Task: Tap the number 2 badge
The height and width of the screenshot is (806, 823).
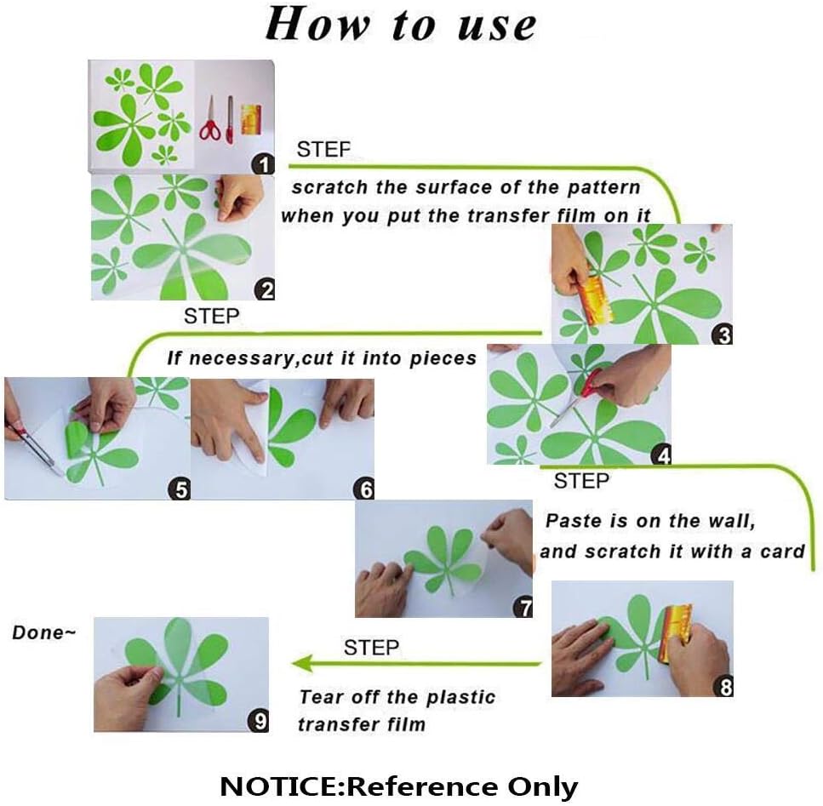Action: click(265, 289)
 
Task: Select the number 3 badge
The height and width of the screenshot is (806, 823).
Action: click(723, 334)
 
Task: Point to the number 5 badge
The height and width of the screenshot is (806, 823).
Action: click(179, 489)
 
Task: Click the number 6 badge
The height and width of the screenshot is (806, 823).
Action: click(363, 489)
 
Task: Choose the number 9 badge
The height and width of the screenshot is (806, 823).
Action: click(258, 721)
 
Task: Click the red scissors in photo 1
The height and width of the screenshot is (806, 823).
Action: click(210, 119)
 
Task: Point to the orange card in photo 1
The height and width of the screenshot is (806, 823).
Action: click(251, 120)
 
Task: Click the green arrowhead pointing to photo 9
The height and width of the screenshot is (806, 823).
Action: click(303, 663)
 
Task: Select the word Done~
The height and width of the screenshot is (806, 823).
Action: click(44, 632)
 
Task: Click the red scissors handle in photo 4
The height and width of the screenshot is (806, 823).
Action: click(592, 383)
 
